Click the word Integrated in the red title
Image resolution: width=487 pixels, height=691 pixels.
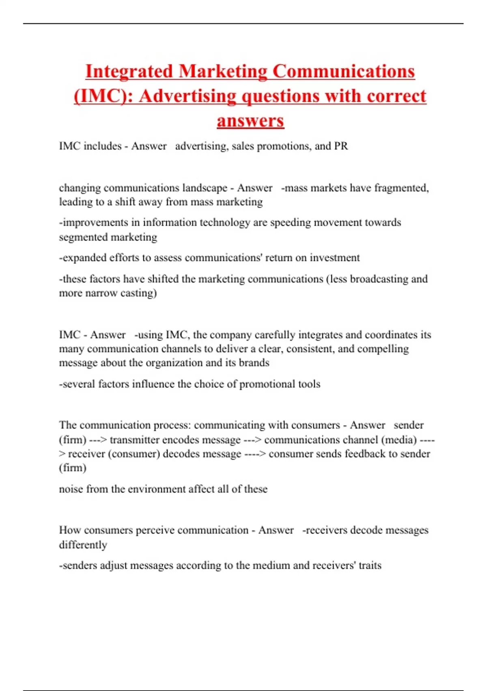pyautogui.click(x=129, y=72)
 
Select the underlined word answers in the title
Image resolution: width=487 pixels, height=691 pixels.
pyautogui.click(x=250, y=121)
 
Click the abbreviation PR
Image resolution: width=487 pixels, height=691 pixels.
pyautogui.click(x=341, y=146)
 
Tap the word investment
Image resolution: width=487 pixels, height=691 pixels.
pyautogui.click(x=335, y=258)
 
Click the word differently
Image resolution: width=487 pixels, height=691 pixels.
pyautogui.click(x=83, y=545)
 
